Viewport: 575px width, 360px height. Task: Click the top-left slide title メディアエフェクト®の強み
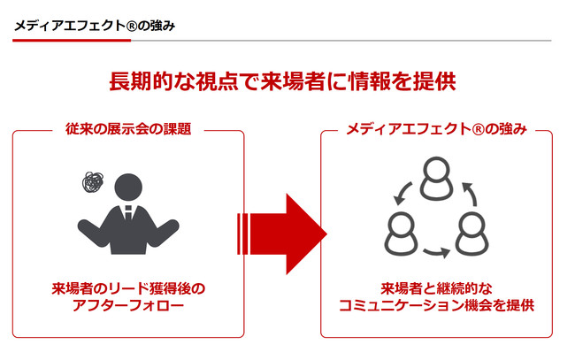point(95,26)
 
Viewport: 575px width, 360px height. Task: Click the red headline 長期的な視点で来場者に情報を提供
point(282,80)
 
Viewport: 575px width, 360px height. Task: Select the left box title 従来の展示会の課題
point(128,129)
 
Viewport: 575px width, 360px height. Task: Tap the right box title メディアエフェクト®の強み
point(436,129)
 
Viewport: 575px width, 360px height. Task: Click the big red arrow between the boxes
point(282,234)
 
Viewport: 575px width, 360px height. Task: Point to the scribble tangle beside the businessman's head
point(93,182)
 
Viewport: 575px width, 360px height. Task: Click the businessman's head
point(128,187)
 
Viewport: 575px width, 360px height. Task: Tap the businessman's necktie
point(128,213)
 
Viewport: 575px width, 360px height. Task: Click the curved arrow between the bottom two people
point(437,252)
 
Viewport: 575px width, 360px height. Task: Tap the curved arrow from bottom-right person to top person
point(472,193)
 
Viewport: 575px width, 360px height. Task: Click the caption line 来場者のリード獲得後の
point(128,289)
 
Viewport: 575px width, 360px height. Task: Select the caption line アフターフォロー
point(128,305)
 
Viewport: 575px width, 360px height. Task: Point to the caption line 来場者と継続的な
point(436,289)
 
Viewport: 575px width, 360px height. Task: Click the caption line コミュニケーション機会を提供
point(436,305)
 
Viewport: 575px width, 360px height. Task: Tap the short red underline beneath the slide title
point(72,41)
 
